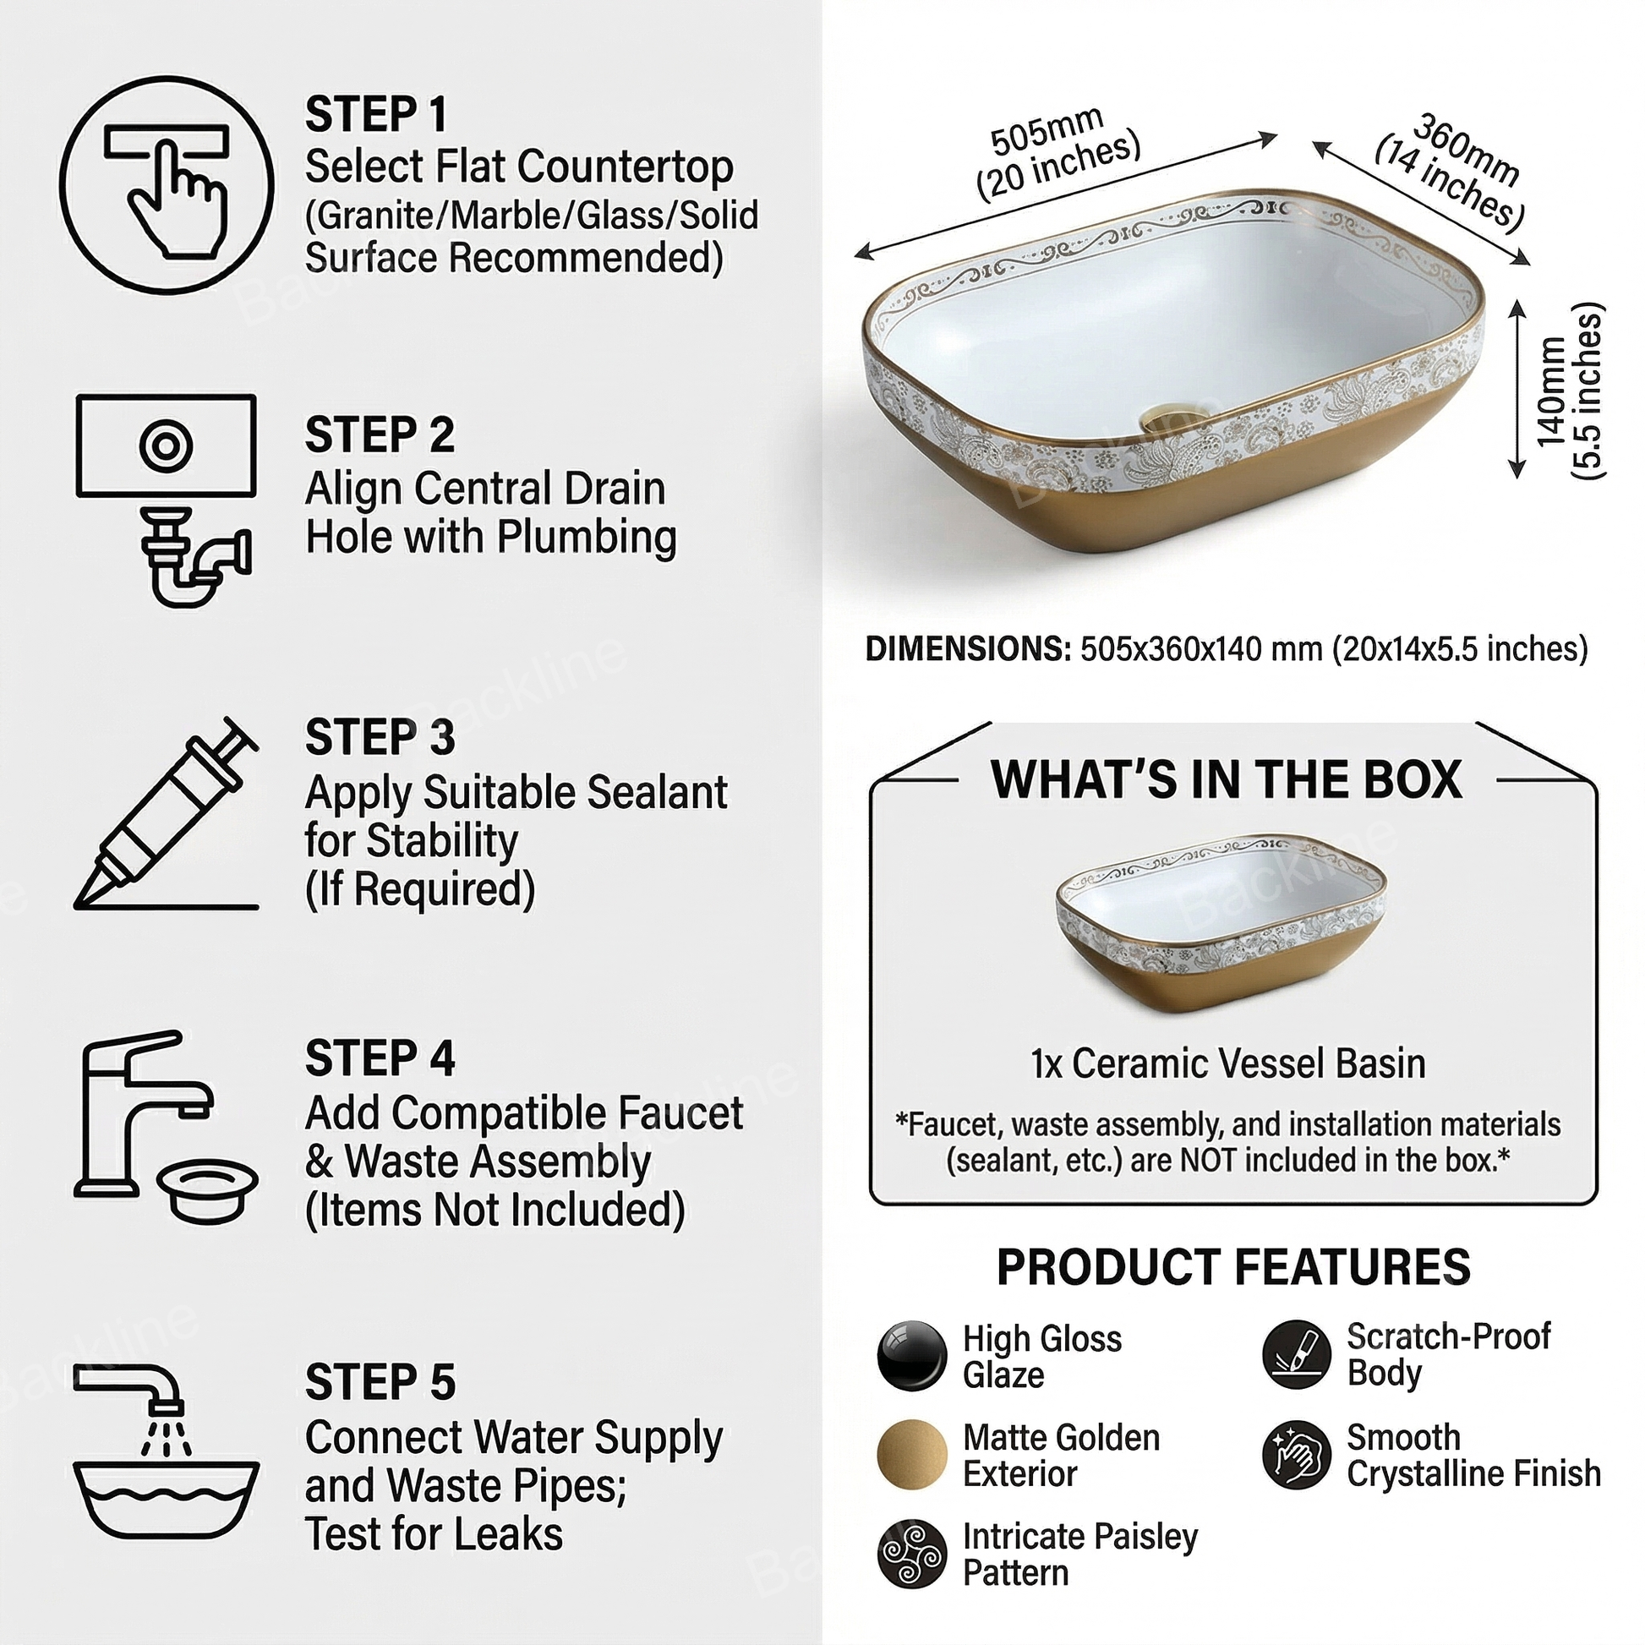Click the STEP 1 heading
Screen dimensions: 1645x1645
click(x=375, y=114)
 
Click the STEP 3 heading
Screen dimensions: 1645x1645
click(x=380, y=736)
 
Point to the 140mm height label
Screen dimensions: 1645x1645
click(x=1550, y=391)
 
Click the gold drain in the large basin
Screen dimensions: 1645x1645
click(x=1173, y=419)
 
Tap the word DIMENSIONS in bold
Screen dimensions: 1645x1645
click(x=968, y=649)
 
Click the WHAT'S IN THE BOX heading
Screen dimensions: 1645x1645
click(x=1226, y=779)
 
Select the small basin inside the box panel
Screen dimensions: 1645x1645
click(x=1221, y=923)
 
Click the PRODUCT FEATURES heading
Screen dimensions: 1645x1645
click(x=1234, y=1267)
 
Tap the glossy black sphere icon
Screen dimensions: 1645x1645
click(x=912, y=1356)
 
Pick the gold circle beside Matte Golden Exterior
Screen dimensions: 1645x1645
click(x=912, y=1454)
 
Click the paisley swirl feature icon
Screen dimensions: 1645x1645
click(x=912, y=1554)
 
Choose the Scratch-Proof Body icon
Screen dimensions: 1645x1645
click(x=1297, y=1355)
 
